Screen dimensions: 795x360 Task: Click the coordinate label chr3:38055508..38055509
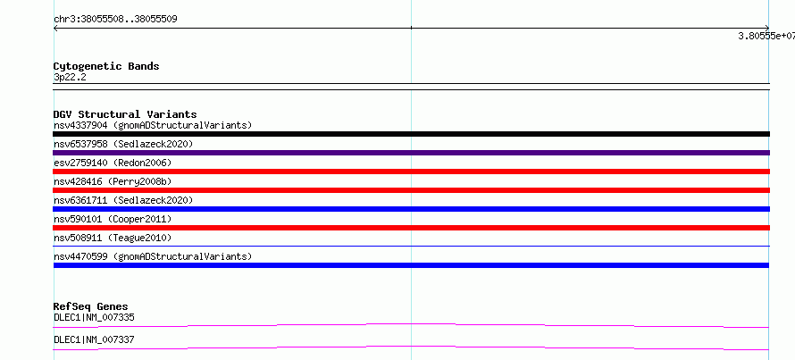[115, 20]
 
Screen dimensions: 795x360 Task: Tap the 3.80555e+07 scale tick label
[766, 36]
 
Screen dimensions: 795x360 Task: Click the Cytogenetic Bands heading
[106, 66]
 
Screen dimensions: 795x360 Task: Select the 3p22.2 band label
[70, 77]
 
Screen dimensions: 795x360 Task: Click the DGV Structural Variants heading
[125, 114]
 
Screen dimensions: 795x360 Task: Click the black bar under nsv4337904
[411, 134]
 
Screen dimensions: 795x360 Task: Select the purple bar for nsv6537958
[411, 153]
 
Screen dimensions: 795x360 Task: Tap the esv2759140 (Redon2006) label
[113, 163]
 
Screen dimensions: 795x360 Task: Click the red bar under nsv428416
[411, 190]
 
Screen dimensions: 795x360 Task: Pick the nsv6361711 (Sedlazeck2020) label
[123, 200]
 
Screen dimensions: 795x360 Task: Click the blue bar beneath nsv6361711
[411, 209]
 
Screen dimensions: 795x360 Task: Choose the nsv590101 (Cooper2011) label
[113, 219]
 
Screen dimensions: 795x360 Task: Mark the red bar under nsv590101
[411, 228]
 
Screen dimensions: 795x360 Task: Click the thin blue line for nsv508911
[411, 247]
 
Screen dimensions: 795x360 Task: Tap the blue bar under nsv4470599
[411, 265]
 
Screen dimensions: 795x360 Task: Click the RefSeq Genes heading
[91, 306]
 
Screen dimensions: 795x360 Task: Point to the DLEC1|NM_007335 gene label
[94, 317]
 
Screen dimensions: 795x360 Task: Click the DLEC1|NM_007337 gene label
[94, 339]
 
